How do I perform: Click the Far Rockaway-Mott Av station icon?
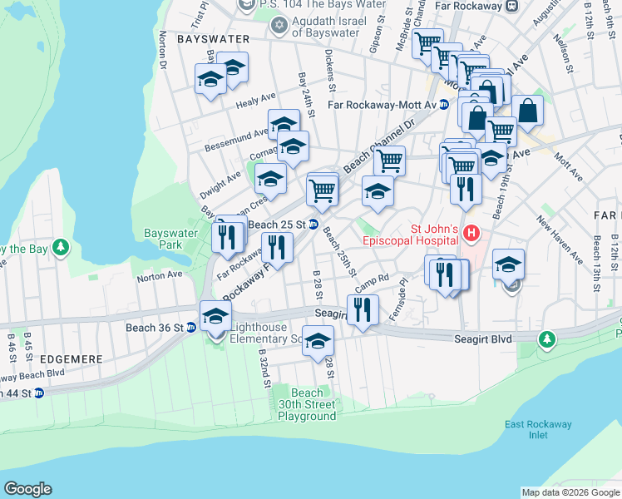click(444, 105)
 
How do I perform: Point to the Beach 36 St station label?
click(154, 328)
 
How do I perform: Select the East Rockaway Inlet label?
click(538, 430)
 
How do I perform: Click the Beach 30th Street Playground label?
click(307, 404)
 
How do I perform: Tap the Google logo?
click(27, 489)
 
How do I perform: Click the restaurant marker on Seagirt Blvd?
click(363, 310)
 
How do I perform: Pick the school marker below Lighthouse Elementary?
click(317, 341)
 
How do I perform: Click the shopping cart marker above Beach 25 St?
click(322, 190)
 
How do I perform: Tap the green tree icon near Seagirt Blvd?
click(546, 338)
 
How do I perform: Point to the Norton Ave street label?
click(159, 274)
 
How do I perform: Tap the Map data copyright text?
click(570, 492)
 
